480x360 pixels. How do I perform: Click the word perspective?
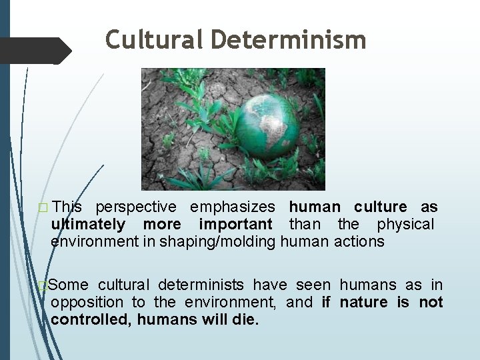pyautogui.click(x=137, y=207)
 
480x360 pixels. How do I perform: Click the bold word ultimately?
pyautogui.click(x=88, y=224)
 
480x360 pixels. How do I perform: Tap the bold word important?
pyautogui.click(x=236, y=224)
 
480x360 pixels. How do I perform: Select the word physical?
pyautogui.click(x=405, y=224)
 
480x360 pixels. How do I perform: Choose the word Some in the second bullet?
pyautogui.click(x=69, y=285)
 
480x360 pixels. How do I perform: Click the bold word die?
pyautogui.click(x=245, y=319)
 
